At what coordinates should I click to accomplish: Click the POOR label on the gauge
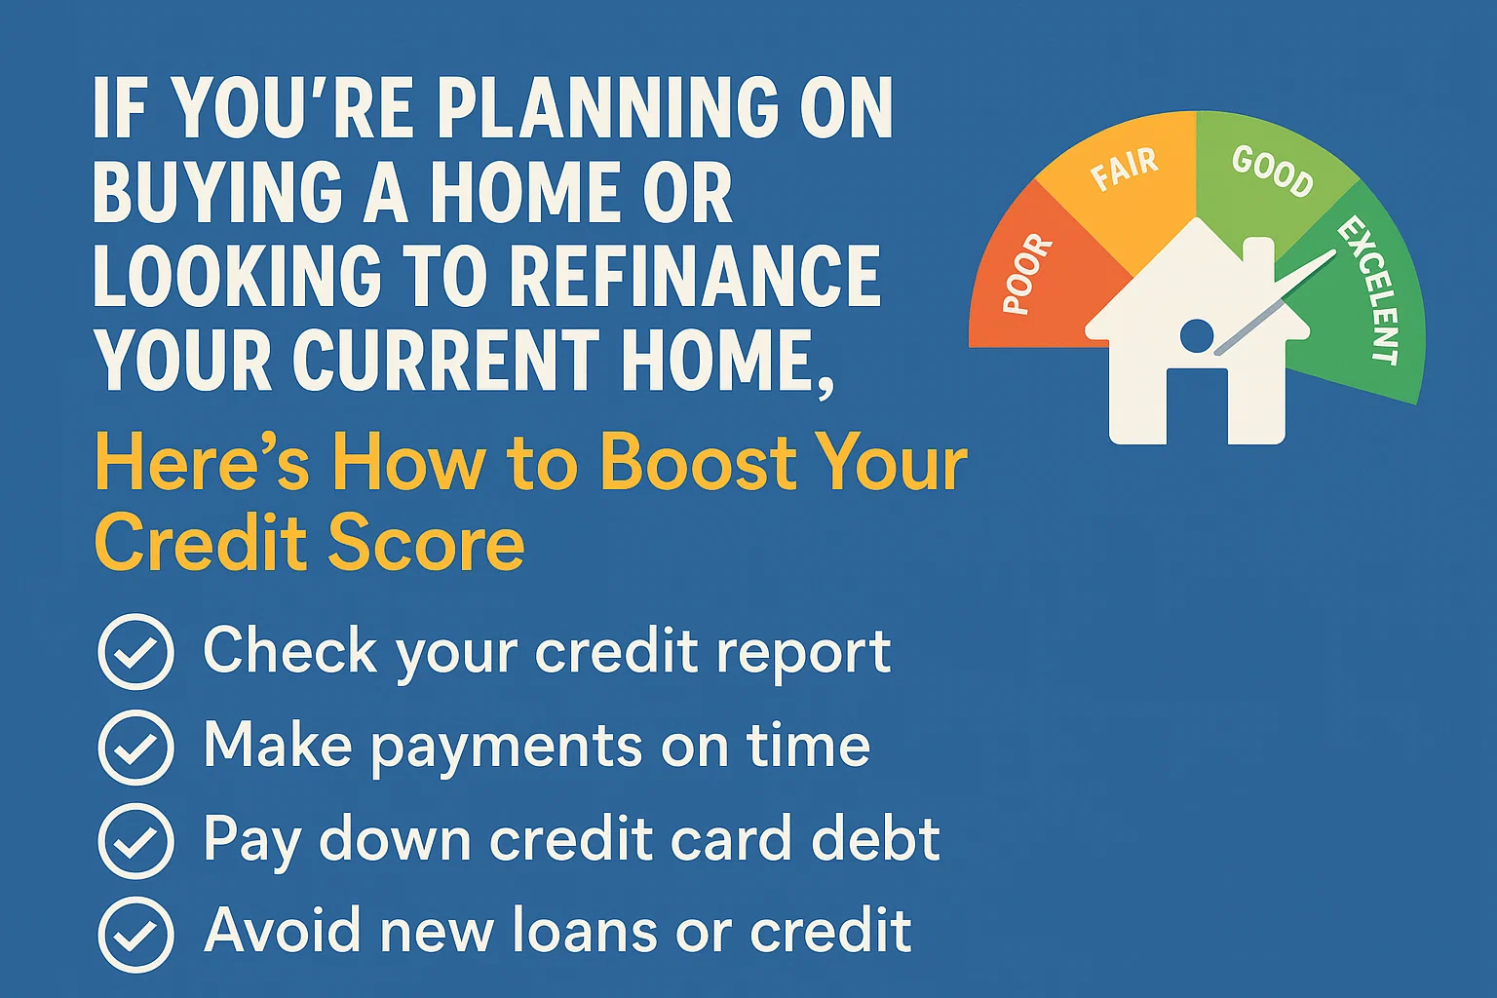[x=1028, y=275]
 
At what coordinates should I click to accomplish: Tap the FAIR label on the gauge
[x=1124, y=169]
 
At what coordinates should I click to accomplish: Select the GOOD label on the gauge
[x=1272, y=171]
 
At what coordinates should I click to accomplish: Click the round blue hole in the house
[x=1196, y=337]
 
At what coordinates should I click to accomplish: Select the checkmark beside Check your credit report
[x=136, y=652]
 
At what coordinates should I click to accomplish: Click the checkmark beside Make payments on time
[x=136, y=748]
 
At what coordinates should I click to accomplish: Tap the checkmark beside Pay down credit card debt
[x=136, y=841]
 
